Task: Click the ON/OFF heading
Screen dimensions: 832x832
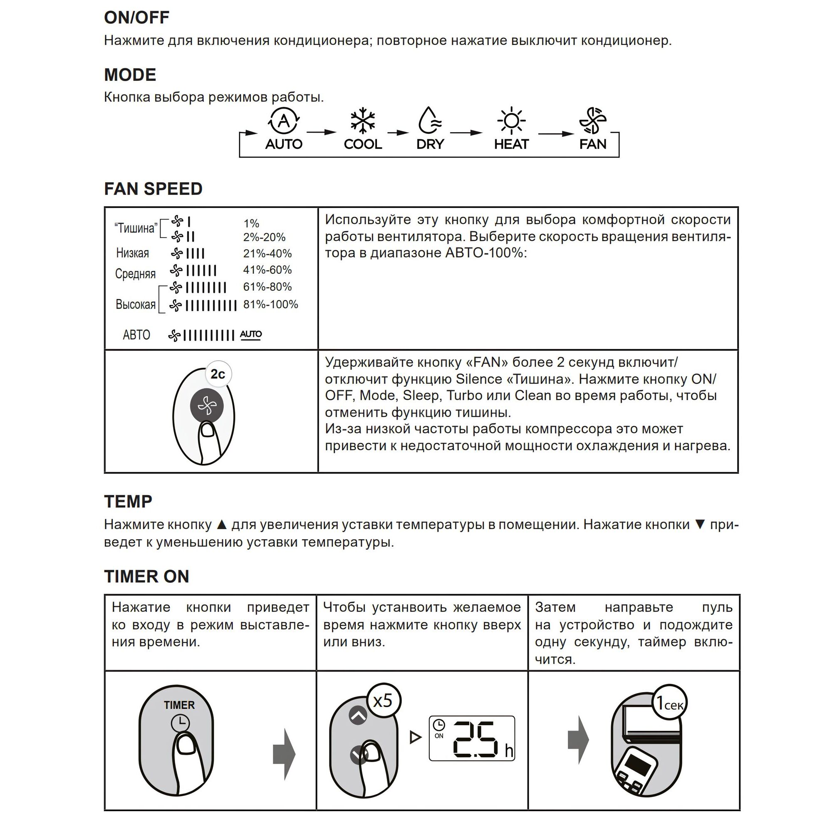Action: point(136,17)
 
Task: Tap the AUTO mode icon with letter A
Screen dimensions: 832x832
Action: point(284,121)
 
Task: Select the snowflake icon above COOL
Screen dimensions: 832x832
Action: point(363,120)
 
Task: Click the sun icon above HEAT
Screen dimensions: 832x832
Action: point(511,121)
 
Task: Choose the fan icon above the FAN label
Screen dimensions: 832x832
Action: point(592,121)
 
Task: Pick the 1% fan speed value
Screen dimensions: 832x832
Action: point(251,223)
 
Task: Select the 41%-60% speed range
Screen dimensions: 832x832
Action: point(267,270)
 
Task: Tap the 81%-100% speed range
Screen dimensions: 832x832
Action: point(270,305)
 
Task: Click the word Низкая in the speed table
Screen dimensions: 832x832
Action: point(133,253)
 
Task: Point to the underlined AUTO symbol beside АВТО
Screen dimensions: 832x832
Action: point(250,334)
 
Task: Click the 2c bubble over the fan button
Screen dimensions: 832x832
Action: point(218,374)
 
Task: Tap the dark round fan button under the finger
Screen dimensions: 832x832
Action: point(207,405)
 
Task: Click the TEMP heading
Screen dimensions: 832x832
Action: point(128,502)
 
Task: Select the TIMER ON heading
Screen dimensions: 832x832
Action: point(146,577)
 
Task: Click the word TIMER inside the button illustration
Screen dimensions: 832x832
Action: point(179,705)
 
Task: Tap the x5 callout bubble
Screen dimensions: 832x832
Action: point(383,701)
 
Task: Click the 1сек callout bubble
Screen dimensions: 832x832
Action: point(669,703)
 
